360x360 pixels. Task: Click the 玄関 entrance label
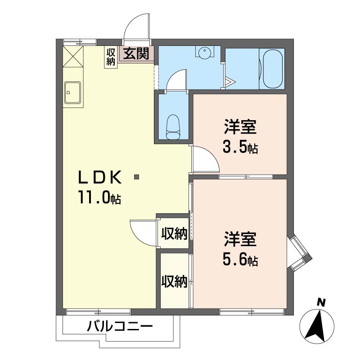(136, 54)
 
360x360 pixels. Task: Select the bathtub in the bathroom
(272, 69)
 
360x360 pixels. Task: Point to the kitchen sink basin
(72, 93)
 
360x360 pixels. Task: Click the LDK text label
(100, 178)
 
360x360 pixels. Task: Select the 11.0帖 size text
(100, 197)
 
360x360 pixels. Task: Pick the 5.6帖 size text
(240, 260)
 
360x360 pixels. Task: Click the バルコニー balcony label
(120, 326)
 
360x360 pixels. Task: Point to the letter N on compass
(321, 302)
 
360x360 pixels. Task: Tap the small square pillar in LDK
(137, 177)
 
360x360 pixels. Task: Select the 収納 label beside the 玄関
(110, 57)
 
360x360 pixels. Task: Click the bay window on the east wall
(299, 253)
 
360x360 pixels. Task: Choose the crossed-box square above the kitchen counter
(73, 57)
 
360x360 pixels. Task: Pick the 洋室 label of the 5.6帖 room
(240, 239)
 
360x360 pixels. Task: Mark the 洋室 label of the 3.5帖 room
(240, 127)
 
